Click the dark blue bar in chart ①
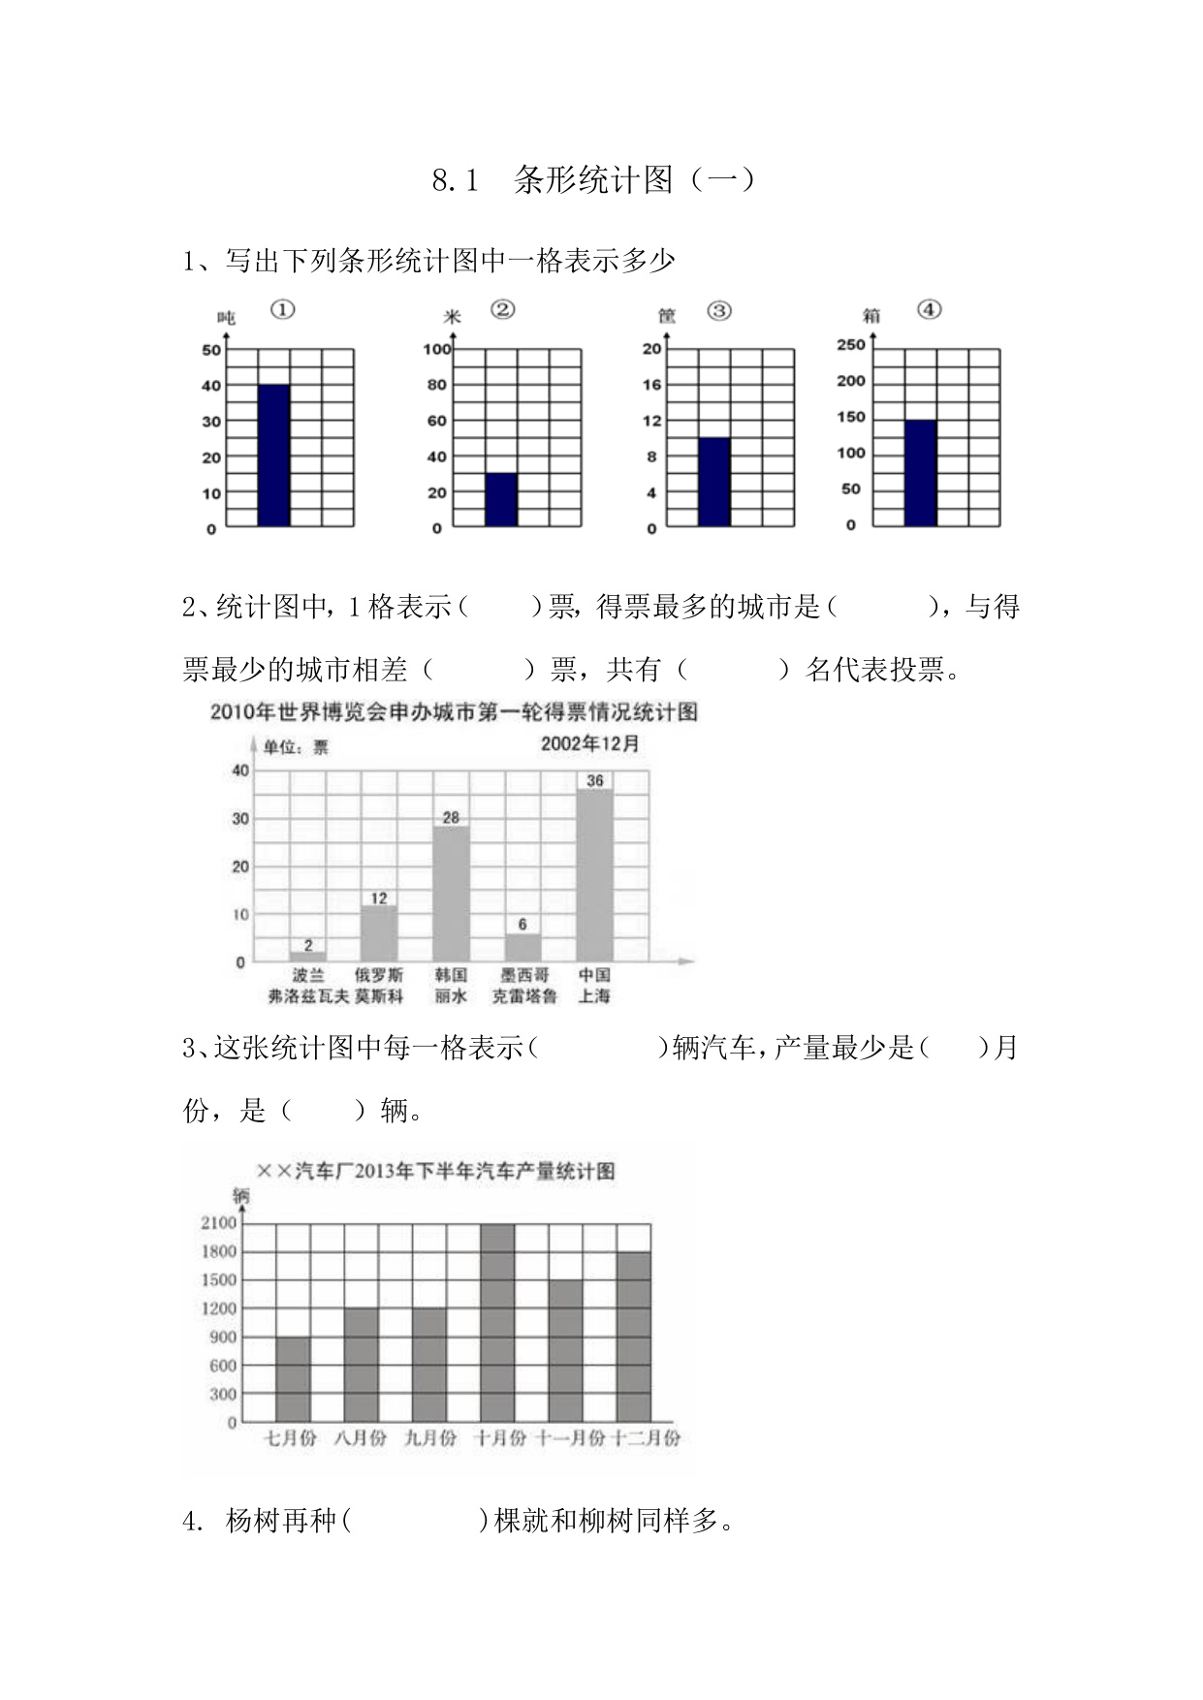coord(273,456)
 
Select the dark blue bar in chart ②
coord(501,499)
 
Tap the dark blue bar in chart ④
coord(920,473)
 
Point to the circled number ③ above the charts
coord(718,311)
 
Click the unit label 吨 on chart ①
coord(226,317)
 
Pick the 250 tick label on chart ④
coord(850,345)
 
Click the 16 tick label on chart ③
coord(651,385)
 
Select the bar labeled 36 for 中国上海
coord(594,874)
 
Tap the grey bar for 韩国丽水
coord(451,893)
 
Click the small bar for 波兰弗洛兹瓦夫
coord(307,956)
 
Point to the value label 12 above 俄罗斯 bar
coord(378,898)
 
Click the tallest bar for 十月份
coord(497,1323)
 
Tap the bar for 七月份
coord(293,1379)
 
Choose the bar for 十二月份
coord(634,1337)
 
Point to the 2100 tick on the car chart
coord(218,1223)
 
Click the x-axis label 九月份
coord(429,1438)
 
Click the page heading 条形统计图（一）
coord(634,180)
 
